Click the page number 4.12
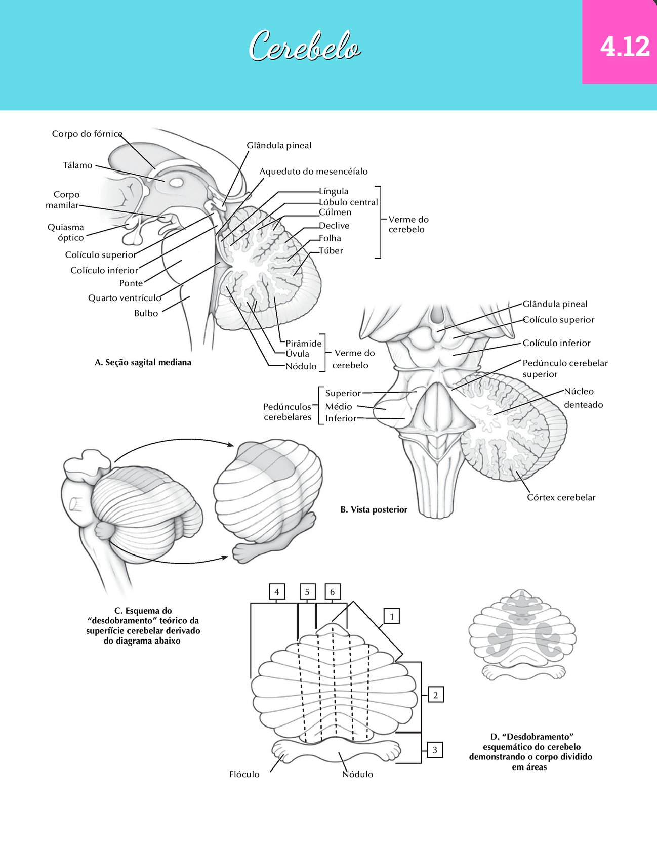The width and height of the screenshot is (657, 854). (x=625, y=47)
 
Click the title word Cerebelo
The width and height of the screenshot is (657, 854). (x=305, y=47)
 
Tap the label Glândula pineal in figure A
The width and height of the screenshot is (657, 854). (x=279, y=146)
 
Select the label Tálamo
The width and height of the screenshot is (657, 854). (x=77, y=165)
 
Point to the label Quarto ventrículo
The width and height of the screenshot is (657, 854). (x=125, y=298)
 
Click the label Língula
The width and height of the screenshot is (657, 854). (x=334, y=191)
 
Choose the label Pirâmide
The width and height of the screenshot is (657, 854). (x=304, y=344)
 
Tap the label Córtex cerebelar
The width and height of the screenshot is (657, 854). (x=561, y=497)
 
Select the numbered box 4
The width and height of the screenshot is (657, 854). (x=276, y=591)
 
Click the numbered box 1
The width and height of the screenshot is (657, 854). (x=392, y=616)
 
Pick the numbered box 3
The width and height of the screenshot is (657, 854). (x=435, y=750)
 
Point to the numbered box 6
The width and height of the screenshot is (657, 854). (x=332, y=591)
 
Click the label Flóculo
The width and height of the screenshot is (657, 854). (x=244, y=774)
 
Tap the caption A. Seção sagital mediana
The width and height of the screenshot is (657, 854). (x=143, y=362)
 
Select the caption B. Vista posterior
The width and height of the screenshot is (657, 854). (x=374, y=509)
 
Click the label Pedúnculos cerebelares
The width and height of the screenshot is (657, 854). (x=288, y=412)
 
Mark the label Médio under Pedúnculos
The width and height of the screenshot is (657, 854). (x=339, y=406)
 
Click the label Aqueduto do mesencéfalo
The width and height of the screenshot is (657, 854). (x=313, y=172)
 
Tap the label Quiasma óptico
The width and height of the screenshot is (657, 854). (x=66, y=232)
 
